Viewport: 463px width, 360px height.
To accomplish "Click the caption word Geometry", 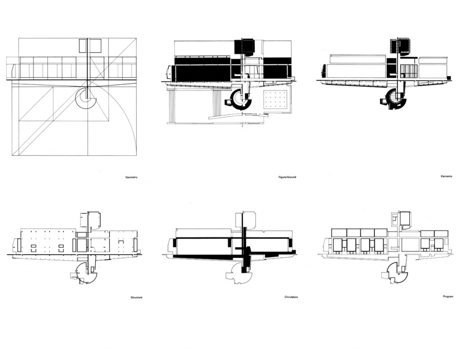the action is coord(132,177).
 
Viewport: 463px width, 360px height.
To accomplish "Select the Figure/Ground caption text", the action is coord(287,177).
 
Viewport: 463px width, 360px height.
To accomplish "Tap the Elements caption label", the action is coord(446,176).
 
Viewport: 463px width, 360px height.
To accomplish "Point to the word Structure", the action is coord(137,298).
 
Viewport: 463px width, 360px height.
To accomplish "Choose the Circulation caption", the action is coord(291,297).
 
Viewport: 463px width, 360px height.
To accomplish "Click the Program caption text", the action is coord(448,296).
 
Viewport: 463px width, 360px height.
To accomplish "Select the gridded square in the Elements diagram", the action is coord(408,71).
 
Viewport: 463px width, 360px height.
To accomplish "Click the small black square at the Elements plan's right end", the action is coord(449,78).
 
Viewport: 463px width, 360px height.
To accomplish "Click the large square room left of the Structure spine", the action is coord(81,245).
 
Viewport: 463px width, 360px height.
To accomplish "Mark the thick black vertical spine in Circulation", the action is coord(245,242).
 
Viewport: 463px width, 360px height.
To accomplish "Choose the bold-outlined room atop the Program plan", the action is coord(405,219).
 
